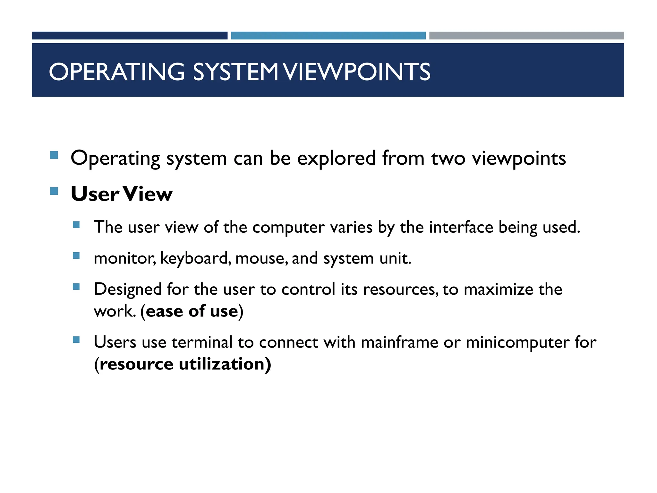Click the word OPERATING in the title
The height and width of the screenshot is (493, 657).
pos(117,72)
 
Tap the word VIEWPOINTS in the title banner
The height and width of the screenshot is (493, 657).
pos(357,72)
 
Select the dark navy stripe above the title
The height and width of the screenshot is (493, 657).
pos(130,36)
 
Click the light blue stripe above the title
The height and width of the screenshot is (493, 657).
pos(328,36)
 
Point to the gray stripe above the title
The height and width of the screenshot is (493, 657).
pos(526,36)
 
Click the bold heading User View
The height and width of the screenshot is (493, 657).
pos(122,194)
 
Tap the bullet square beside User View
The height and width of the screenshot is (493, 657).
pos(54,191)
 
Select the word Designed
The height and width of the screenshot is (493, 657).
pos(127,289)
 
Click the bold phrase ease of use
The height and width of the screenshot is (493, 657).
pos(192,311)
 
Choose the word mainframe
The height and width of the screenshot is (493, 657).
pos(399,342)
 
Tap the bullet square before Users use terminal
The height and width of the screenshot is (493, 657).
pos(76,340)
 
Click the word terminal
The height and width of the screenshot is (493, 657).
pos(202,342)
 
